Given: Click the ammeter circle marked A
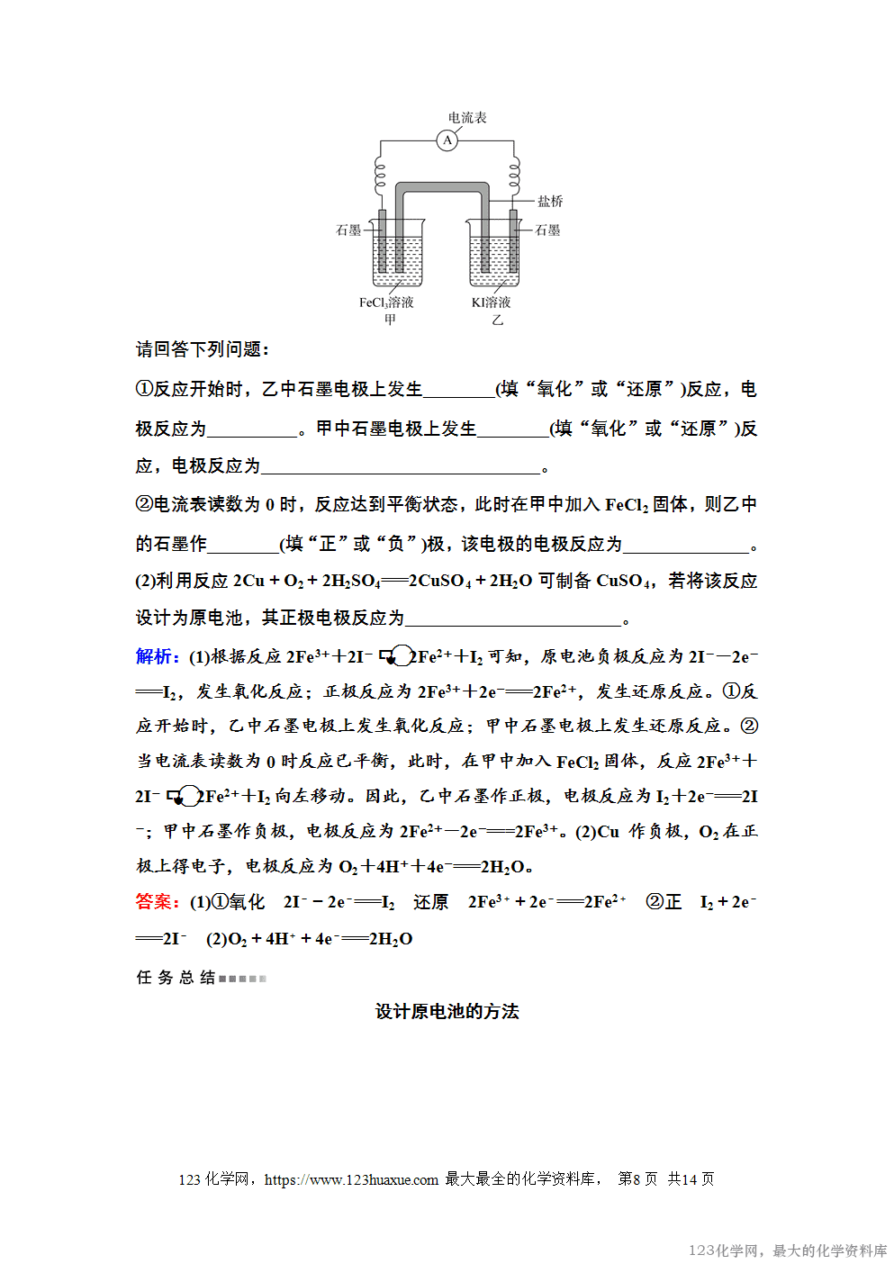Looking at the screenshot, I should click(x=447, y=140).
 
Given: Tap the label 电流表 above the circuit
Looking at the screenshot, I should click(x=467, y=118).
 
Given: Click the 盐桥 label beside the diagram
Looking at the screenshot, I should click(x=550, y=201).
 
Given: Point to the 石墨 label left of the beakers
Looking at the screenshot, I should click(x=348, y=230).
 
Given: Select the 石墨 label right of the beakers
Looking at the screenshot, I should click(x=547, y=230).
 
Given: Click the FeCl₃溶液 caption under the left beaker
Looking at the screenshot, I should click(x=386, y=302).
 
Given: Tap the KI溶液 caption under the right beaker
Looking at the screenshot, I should click(x=491, y=302).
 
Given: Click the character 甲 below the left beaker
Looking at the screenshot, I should click(x=390, y=320).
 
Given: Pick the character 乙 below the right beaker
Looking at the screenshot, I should click(x=497, y=320).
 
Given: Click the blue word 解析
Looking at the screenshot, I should click(x=157, y=656).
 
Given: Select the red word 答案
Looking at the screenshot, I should click(x=157, y=901).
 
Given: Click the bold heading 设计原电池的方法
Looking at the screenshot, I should click(x=447, y=1011).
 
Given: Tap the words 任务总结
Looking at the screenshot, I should click(x=176, y=978).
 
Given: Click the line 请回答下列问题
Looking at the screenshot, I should click(x=203, y=349).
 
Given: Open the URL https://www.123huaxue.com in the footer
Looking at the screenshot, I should click(x=351, y=1179).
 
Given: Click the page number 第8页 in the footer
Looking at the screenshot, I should click(x=637, y=1179).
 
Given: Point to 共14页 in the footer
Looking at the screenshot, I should click(x=691, y=1179).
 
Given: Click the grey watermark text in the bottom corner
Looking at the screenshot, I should click(x=788, y=1250).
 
